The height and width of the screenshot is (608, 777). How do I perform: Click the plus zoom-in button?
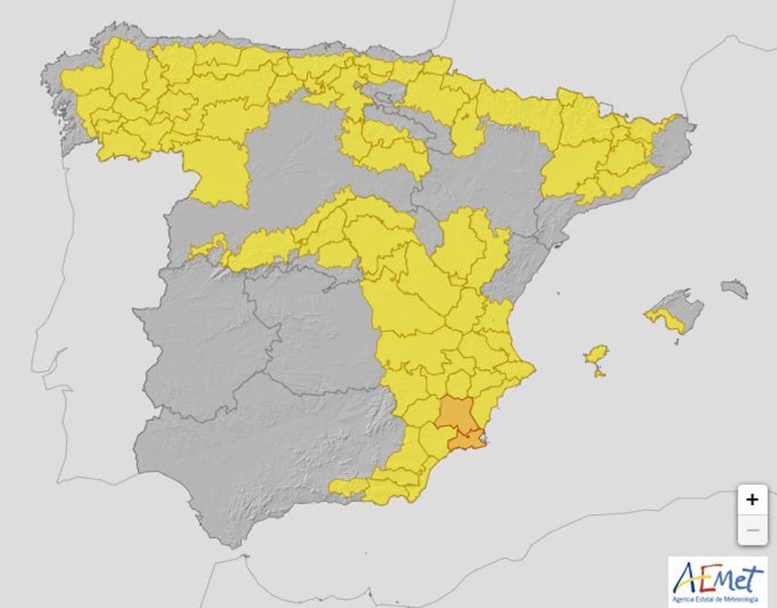[x=752, y=500]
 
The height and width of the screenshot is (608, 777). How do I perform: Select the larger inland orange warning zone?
[x=455, y=413]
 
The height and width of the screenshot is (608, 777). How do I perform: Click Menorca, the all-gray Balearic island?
[x=734, y=288]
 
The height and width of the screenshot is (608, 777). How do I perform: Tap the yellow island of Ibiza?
[x=596, y=355]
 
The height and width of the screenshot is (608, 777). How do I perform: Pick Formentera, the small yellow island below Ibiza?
[x=600, y=372]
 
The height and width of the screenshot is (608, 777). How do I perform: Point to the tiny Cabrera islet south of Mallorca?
[x=677, y=342]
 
